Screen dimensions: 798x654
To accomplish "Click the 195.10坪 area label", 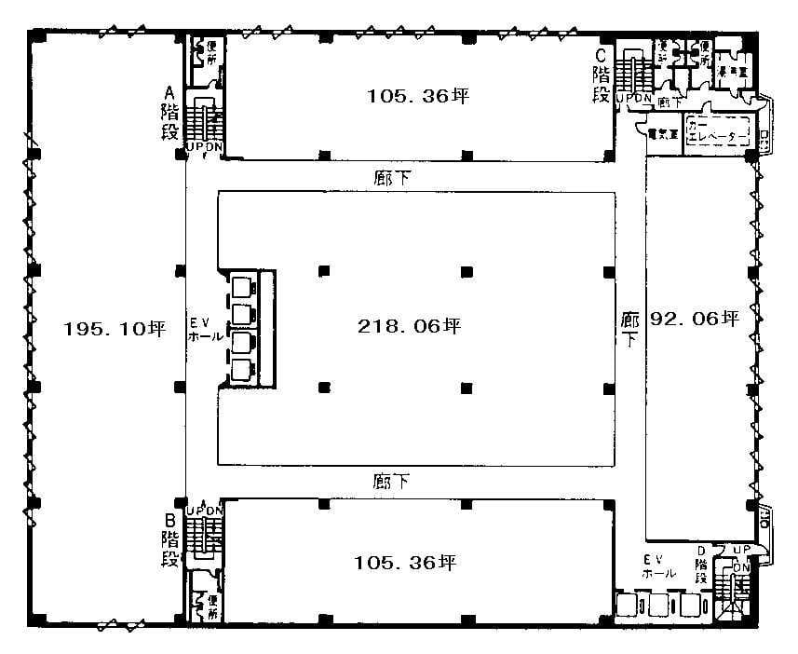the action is (115, 328).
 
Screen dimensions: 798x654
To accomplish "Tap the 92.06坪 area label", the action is (695, 319).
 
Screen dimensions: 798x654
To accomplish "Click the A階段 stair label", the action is (169, 113).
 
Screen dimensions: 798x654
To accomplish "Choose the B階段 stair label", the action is (169, 539).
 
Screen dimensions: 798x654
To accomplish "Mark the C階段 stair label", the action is (602, 75).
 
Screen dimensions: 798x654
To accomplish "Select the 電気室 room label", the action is (663, 132).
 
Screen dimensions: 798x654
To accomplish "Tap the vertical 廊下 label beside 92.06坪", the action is (630, 329).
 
